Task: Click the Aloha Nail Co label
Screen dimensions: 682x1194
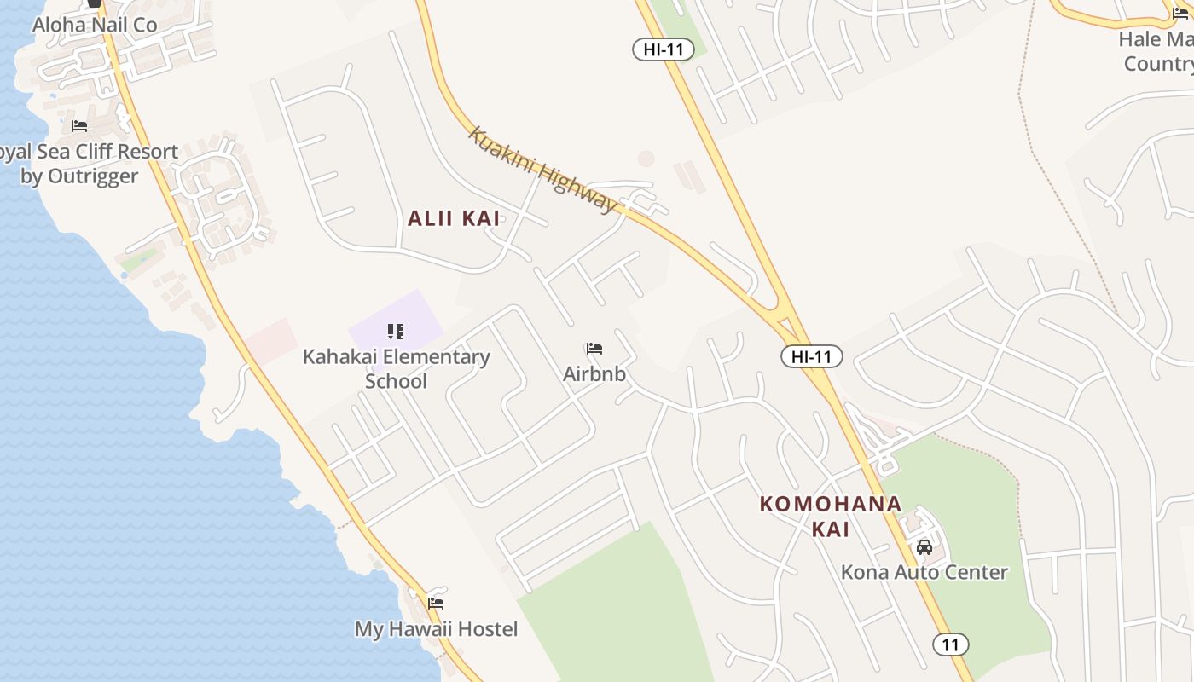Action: point(95,26)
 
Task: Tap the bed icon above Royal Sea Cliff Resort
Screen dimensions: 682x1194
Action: point(79,126)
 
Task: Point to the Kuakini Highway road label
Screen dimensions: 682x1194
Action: point(542,170)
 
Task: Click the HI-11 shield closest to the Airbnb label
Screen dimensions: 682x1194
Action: point(811,356)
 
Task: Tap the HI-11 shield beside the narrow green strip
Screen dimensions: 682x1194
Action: point(663,49)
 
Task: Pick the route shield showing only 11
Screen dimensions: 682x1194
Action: point(950,644)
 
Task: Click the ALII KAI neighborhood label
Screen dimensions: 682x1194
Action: point(454,218)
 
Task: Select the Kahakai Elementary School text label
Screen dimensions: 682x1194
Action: point(396,368)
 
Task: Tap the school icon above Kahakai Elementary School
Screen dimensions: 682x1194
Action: point(395,331)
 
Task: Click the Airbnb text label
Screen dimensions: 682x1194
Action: point(594,373)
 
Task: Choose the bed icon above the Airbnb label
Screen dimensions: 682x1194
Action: point(594,349)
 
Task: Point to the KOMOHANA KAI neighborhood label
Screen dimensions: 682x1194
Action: point(830,516)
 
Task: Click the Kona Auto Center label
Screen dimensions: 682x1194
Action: point(924,572)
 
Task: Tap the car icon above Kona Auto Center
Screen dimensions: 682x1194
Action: point(924,546)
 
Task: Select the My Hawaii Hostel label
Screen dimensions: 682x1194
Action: point(436,629)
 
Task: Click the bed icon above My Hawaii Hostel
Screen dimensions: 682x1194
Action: point(436,604)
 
